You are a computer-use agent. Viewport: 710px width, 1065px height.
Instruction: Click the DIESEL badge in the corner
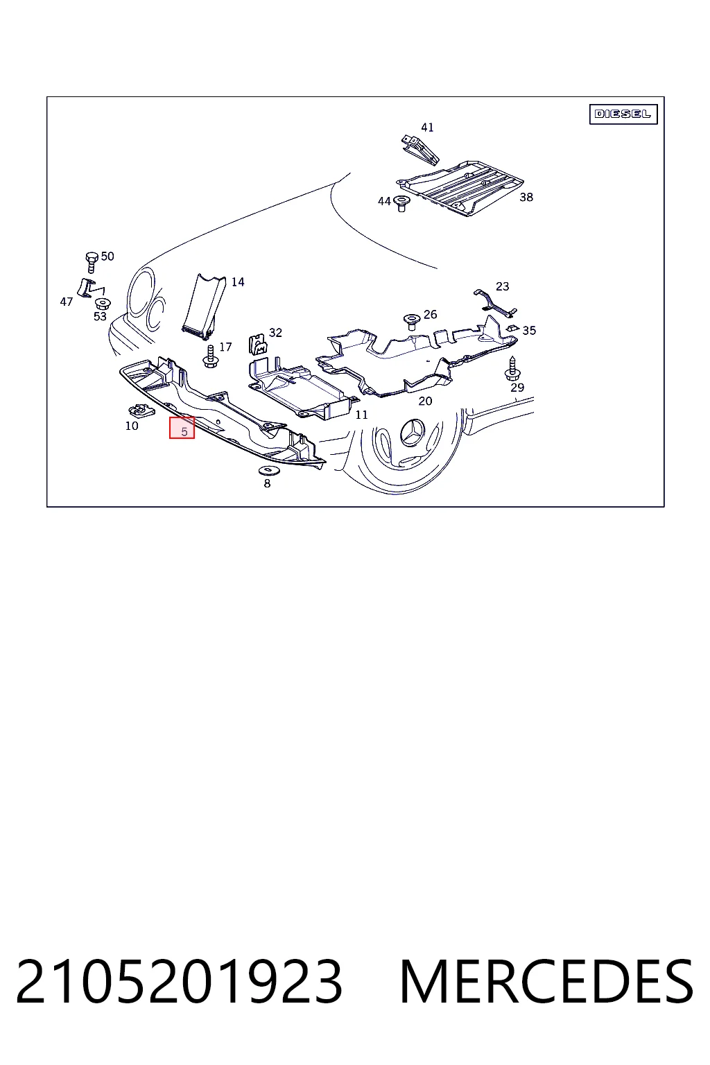click(623, 114)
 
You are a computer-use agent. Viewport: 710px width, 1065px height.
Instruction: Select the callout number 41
click(427, 128)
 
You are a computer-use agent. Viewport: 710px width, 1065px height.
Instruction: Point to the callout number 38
click(526, 197)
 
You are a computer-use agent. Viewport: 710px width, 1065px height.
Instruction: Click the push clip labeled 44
click(402, 203)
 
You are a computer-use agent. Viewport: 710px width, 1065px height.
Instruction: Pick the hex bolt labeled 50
click(92, 262)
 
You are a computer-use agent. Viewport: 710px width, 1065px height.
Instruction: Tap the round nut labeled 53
click(103, 303)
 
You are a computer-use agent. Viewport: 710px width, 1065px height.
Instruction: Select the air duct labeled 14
click(205, 306)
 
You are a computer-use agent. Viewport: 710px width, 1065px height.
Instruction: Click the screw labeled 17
click(210, 356)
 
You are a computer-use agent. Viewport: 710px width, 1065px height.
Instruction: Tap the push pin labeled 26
click(411, 322)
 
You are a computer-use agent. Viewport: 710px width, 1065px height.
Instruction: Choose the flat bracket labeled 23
click(494, 302)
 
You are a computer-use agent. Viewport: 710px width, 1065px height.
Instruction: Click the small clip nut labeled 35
click(512, 328)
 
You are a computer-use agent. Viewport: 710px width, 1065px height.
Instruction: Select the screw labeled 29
click(512, 368)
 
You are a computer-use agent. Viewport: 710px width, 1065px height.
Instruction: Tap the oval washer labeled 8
click(267, 471)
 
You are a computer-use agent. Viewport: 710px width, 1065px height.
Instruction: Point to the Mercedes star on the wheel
click(413, 432)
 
